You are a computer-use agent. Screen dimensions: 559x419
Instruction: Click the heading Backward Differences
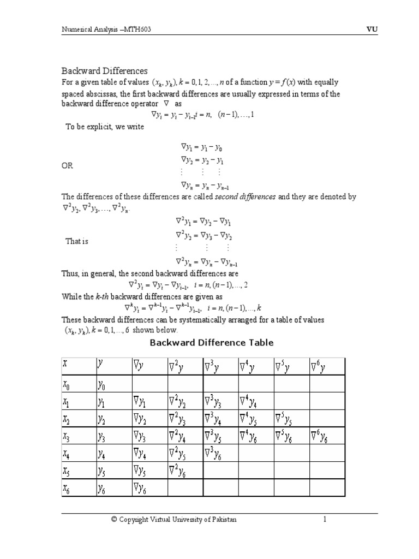pyautogui.click(x=104, y=71)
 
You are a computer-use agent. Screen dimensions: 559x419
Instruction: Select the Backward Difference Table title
pyautogui.click(x=212, y=343)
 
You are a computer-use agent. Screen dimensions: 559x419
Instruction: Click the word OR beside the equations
pyautogui.click(x=67, y=165)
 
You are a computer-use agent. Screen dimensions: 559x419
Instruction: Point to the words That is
pyautogui.click(x=77, y=241)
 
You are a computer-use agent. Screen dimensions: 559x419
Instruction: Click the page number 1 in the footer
pyautogui.click(x=324, y=520)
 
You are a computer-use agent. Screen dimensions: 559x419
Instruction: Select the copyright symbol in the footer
pyautogui.click(x=114, y=520)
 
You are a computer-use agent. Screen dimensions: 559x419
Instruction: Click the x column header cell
pyautogui.click(x=79, y=366)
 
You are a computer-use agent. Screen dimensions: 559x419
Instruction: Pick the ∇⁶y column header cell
pyautogui.click(x=327, y=366)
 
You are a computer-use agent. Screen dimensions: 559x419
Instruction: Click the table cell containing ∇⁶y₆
pyautogui.click(x=327, y=436)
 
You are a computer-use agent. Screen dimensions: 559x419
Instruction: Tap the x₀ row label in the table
pyautogui.click(x=79, y=384)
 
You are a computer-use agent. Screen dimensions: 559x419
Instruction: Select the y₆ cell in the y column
pyautogui.click(x=113, y=487)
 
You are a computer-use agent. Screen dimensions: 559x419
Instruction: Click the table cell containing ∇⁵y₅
pyautogui.click(x=291, y=418)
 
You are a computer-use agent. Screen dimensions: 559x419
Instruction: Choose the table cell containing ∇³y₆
pyautogui.click(x=220, y=453)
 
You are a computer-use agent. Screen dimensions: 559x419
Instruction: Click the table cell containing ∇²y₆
pyautogui.click(x=184, y=470)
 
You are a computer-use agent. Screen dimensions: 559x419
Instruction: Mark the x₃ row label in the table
pyautogui.click(x=79, y=436)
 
